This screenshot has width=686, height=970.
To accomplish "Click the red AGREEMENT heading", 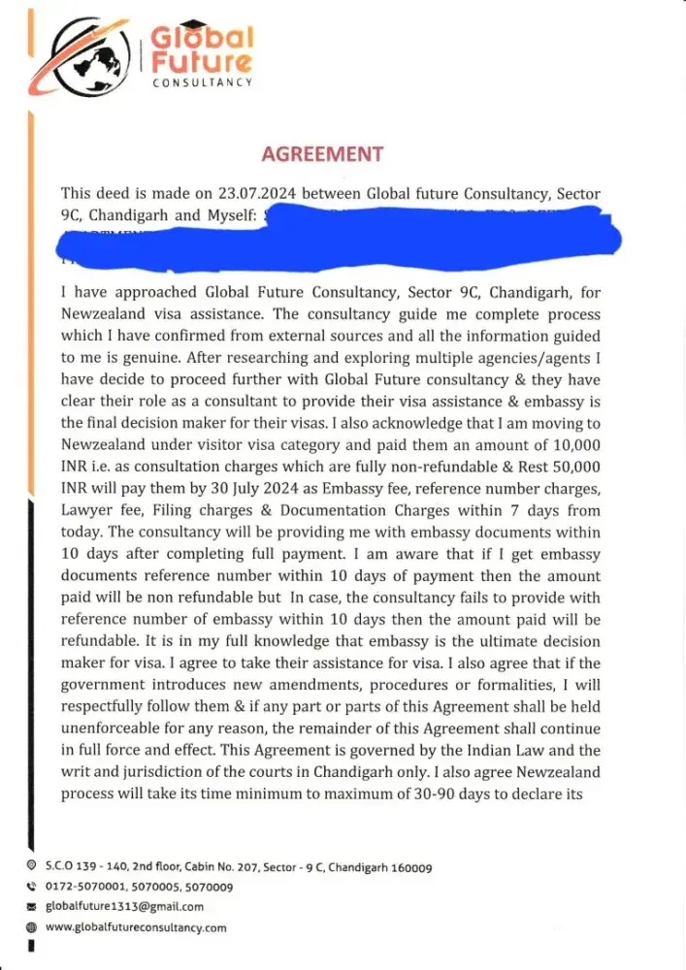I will pyautogui.click(x=323, y=154).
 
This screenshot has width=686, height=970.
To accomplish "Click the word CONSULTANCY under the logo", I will pyautogui.click(x=203, y=83).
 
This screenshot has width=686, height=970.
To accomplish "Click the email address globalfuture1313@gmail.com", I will pyautogui.click(x=125, y=907).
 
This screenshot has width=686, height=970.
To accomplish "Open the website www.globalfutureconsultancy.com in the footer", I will pyautogui.click(x=137, y=927).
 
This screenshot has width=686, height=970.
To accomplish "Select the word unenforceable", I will pyautogui.click(x=117, y=727).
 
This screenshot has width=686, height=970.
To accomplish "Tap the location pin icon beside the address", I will pyautogui.click(x=32, y=866).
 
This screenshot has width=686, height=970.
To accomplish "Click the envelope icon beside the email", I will pyautogui.click(x=32, y=907).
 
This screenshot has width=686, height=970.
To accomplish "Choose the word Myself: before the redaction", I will pyautogui.click(x=233, y=216).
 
